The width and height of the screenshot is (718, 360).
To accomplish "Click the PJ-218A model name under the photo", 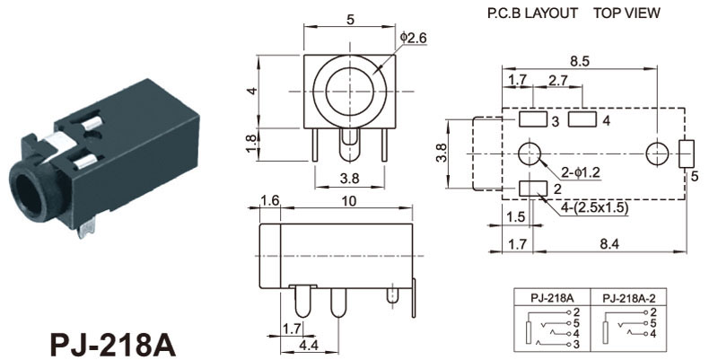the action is coord(113,345).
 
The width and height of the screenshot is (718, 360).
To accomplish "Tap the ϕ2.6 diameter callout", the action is coord(413,38).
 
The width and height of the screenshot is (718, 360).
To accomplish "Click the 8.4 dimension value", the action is coord(609,244).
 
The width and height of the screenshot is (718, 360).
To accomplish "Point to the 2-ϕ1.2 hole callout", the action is coord(581,172).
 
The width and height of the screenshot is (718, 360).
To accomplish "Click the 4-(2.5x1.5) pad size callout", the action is coord(595,208).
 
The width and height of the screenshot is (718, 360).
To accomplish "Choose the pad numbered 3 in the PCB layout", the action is coord(533,119).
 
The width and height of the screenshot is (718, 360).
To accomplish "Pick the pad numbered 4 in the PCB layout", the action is coord(582,119).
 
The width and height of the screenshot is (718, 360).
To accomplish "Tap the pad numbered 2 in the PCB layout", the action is coord(533,189).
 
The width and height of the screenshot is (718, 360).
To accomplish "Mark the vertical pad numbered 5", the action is coord(687,154).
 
